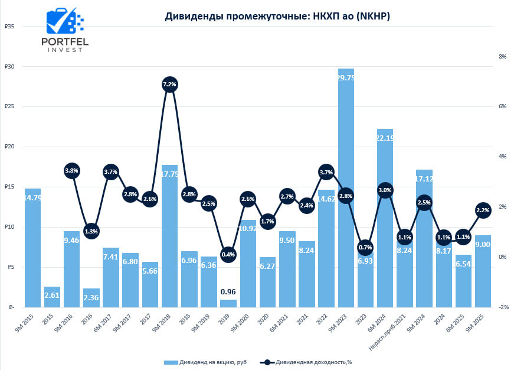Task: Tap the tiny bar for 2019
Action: (x=228, y=303)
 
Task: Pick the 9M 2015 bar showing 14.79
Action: (x=32, y=248)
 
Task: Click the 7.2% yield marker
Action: (x=169, y=85)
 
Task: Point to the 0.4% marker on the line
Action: (x=228, y=255)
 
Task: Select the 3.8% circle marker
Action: (x=71, y=171)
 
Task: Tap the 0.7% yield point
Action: (x=365, y=248)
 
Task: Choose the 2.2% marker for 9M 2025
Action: (x=483, y=210)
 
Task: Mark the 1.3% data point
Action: (x=91, y=231)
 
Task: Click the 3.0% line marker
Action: (x=385, y=190)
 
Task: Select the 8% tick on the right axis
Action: (x=486, y=57)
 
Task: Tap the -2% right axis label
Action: (x=486, y=307)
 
